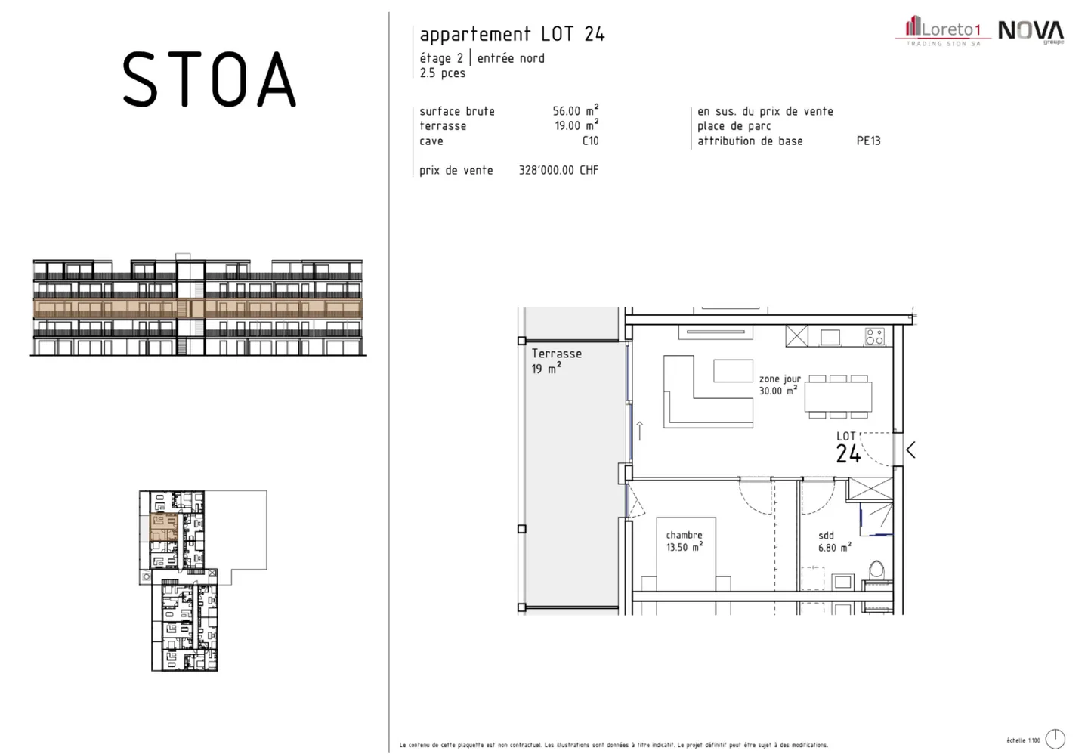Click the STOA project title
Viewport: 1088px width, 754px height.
pos(209,79)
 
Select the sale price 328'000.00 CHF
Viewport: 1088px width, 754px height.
pos(558,170)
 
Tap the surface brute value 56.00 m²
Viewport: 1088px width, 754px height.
pos(575,110)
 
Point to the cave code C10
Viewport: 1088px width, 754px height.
pos(590,141)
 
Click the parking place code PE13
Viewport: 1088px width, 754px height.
pos(868,141)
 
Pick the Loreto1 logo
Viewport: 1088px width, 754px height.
pos(942,31)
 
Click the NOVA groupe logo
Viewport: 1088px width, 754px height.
pos(1031,32)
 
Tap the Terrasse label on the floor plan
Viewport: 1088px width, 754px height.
pos(557,354)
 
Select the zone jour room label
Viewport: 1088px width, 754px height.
pos(780,379)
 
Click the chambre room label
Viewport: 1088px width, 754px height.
pos(684,535)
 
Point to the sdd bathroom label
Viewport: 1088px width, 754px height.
pos(827,536)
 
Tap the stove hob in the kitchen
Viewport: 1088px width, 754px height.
pos(875,336)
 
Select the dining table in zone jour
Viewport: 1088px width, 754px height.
pos(838,397)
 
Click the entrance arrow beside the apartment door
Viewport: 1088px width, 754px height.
pos(910,450)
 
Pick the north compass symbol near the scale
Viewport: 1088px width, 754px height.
pos(1055,739)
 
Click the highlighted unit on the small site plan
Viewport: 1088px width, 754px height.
pos(163,527)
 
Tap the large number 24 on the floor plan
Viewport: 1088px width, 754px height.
pos(848,454)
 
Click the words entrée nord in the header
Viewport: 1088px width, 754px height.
pos(511,58)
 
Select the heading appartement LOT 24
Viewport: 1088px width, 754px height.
pos(512,34)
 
